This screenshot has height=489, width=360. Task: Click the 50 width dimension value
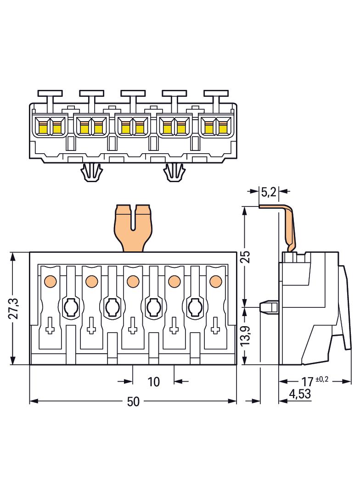coord(133,402)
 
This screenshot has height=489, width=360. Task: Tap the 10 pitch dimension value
coord(153,381)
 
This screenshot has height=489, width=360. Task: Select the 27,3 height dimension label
coord(14,308)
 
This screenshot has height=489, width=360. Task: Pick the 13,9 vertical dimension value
coord(246,336)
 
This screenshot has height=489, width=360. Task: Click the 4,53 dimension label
coord(299,394)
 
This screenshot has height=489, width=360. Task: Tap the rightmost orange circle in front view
coord(215,280)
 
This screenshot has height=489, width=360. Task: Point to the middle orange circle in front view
coord(133,280)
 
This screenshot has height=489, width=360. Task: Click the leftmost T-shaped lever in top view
coord(50,96)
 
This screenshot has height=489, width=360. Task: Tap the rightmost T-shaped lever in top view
coord(216,96)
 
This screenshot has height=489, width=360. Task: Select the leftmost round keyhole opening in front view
coord(71,306)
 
